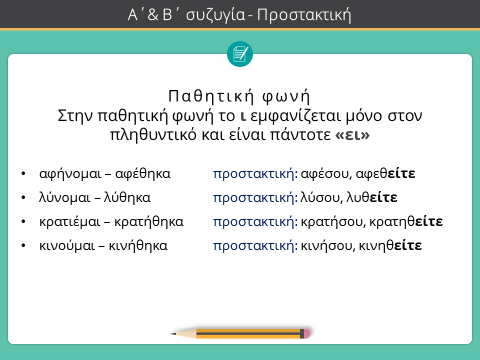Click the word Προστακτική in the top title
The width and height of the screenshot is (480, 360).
303,15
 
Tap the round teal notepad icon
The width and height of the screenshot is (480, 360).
240,54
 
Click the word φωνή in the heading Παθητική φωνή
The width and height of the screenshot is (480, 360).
286,96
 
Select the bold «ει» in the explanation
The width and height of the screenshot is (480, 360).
352,134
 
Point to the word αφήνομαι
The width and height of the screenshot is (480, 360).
70,174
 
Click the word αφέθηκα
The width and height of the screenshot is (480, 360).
142,174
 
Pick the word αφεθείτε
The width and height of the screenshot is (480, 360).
385,174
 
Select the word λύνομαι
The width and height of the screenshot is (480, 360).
64,198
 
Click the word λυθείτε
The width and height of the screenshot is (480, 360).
371,198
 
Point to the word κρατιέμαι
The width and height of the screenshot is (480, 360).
70,222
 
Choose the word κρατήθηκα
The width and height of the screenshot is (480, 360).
149,222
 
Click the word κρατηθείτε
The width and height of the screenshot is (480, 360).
406,222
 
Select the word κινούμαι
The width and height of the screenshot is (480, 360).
67,246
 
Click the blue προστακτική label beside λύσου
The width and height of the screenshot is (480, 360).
255,198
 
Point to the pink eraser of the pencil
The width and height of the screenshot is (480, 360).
307,333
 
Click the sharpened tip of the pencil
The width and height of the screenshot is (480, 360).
171,333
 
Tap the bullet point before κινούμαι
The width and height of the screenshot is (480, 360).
23,246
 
